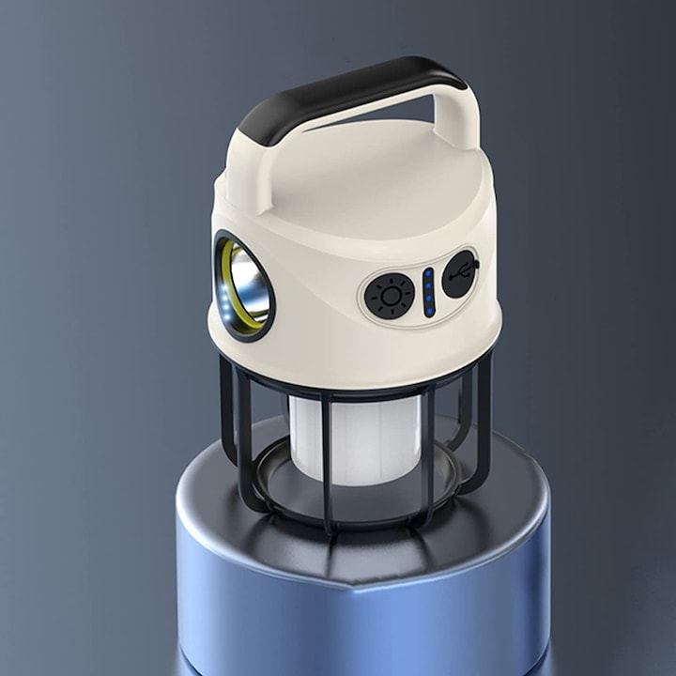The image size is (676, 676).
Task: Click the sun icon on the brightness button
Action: click(389, 298)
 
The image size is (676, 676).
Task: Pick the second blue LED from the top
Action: click(427, 287)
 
